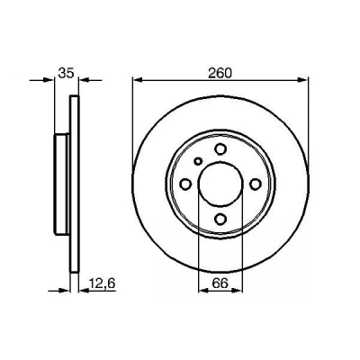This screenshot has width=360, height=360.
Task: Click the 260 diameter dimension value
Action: coord(220,73)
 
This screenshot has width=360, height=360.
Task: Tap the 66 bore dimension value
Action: coord(220,283)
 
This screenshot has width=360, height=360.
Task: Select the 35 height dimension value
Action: coord(66,73)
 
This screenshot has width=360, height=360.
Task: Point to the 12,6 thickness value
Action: coord(103,283)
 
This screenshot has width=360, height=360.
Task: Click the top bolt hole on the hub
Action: coord(220,148)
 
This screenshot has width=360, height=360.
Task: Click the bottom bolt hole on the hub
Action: coord(220,220)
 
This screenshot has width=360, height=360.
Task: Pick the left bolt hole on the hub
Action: coord(185,184)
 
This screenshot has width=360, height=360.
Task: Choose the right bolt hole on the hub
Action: coord(256,184)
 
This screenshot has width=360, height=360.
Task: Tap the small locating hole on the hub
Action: coord(198,161)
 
